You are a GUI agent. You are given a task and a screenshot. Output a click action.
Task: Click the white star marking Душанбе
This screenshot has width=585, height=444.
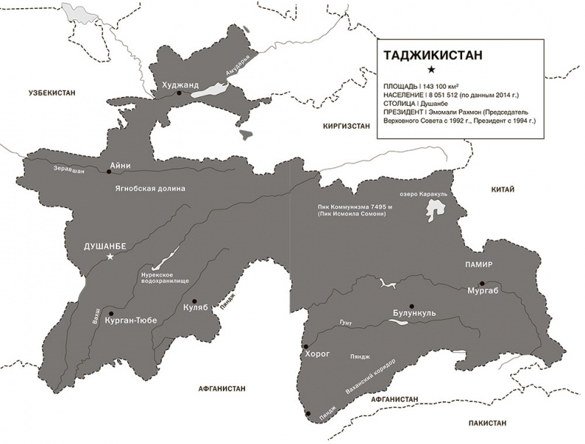point(110,257)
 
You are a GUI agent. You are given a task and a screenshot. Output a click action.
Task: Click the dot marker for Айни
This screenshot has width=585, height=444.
point(109,171)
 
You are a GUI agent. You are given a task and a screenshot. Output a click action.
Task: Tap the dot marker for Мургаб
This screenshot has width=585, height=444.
point(482,283)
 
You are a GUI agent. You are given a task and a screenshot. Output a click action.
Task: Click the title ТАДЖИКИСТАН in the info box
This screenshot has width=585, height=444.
point(429,55)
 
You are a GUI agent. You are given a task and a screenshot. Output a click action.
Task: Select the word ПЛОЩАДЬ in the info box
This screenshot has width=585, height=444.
point(400,87)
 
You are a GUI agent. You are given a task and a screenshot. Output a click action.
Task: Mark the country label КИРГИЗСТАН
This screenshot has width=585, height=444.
point(346,127)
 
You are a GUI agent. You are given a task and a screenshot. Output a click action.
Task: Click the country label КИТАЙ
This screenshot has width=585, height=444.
point(502,190)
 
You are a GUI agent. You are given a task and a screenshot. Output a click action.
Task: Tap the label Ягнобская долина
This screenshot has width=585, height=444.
point(150,189)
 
